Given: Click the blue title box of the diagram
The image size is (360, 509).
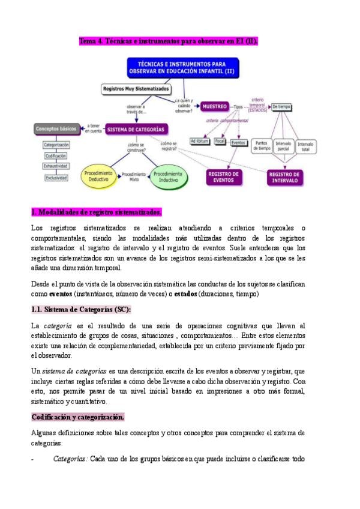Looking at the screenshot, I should coord(183,68).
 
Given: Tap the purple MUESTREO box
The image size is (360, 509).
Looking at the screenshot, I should coord(214,107).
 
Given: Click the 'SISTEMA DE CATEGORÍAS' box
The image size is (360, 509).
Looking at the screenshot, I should coord(137,128).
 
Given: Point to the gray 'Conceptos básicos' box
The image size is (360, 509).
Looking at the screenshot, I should coord(56,128).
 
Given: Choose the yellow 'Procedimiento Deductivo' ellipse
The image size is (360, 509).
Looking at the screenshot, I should coord(98,176).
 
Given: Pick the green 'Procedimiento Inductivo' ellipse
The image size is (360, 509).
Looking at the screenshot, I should coord(167,176).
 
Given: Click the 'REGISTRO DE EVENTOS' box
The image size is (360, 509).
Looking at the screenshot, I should coord(224,176).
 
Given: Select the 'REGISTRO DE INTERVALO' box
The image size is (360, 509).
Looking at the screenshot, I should coord(285,177).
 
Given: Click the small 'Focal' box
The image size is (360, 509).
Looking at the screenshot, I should coord(220,142).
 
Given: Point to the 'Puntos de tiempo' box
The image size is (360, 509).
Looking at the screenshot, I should coord(261,146).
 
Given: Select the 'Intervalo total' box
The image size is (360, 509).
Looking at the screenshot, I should coord(305,146).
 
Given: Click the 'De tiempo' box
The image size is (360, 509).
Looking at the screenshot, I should coord(281,107).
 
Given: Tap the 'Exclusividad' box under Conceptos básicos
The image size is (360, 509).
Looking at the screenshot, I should coord(56,178).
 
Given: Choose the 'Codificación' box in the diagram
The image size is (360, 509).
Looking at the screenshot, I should coord(56,155).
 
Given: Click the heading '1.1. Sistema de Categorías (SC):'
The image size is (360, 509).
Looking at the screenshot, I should coord(80,309).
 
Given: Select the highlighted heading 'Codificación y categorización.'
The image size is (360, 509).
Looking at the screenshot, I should coord(77,417).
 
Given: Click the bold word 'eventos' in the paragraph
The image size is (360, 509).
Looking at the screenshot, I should coord(59,294).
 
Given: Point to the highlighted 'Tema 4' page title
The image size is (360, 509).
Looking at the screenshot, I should coord(169,41).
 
